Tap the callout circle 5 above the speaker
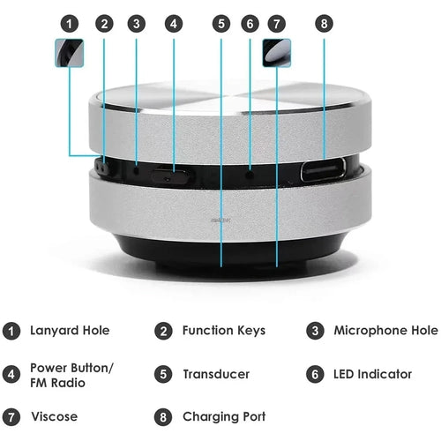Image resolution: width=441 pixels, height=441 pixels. tap(220, 23)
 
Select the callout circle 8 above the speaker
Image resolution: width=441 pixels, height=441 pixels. tap(325, 23)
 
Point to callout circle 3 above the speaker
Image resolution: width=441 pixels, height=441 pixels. tap(136, 23)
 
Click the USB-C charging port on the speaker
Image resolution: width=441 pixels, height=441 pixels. tap(324, 169)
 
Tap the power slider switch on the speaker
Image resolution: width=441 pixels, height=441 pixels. tap(169, 173)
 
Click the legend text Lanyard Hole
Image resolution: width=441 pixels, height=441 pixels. tap(70, 331)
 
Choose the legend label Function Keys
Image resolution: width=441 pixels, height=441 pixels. tap(223, 331)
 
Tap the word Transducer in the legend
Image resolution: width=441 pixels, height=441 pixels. tap(215, 374)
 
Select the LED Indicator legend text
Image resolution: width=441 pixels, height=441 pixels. tap(372, 374)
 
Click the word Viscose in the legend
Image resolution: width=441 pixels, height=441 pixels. tap(54, 416)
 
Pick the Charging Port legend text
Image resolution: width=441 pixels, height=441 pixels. tap(224, 416)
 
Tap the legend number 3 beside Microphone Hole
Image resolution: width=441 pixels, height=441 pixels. tap(316, 332)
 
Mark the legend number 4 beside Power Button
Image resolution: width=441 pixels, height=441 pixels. tap(11, 374)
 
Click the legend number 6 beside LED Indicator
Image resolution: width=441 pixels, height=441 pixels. tap(316, 374)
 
